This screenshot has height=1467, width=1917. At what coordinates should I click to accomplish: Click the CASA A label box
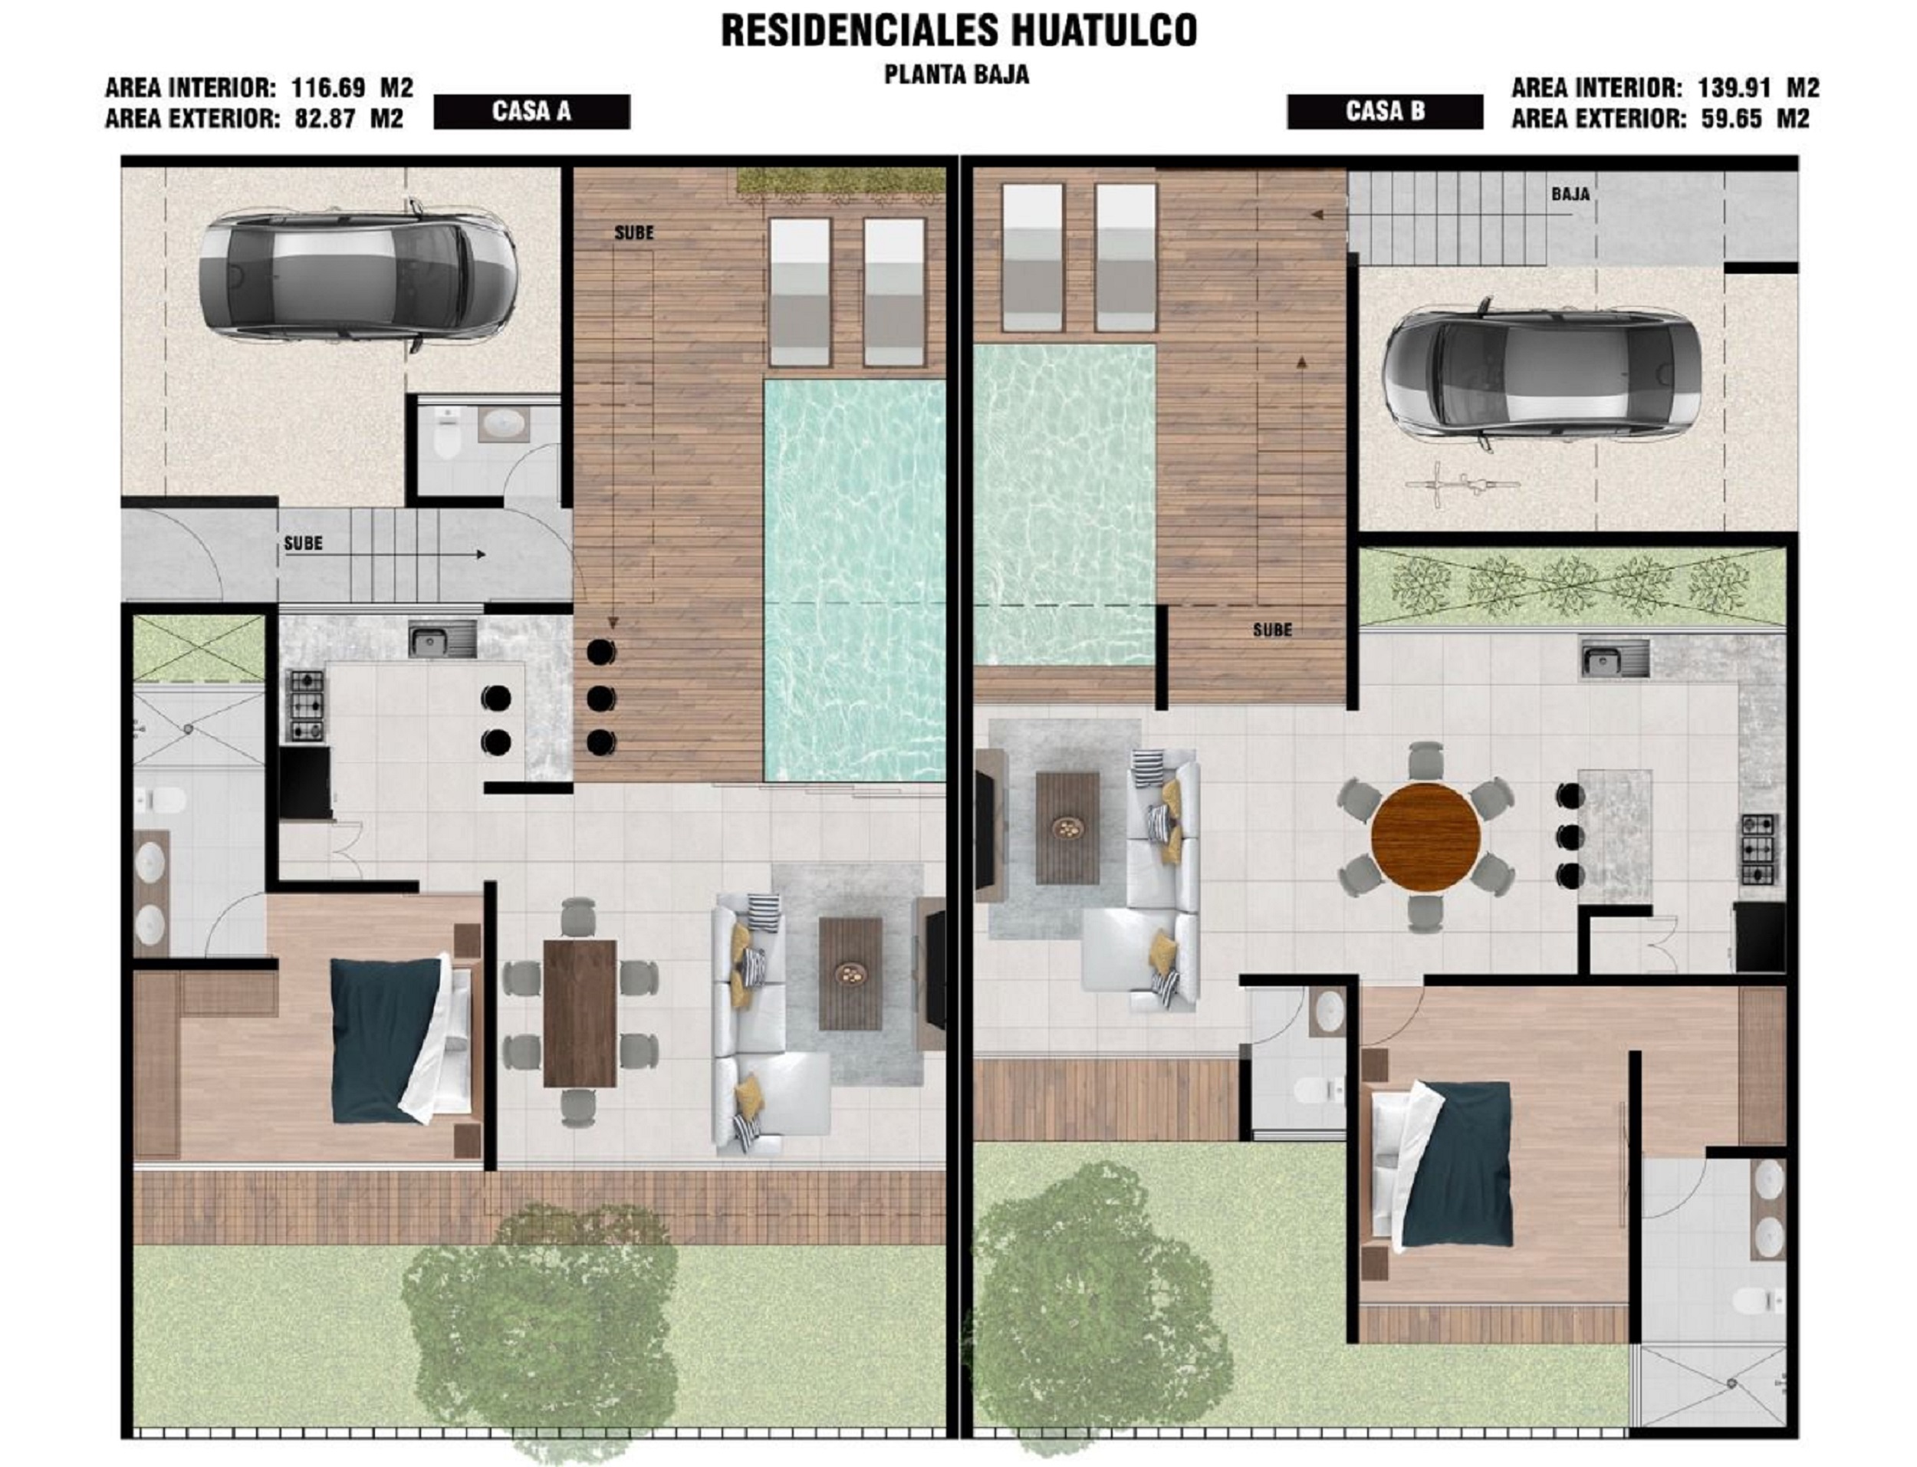click(531, 112)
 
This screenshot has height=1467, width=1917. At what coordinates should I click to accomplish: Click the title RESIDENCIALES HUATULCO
click(958, 31)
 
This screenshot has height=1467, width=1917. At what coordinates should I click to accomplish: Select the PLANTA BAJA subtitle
click(957, 75)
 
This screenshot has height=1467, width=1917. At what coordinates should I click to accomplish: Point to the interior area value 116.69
click(328, 88)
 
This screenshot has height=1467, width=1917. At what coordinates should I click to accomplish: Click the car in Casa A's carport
click(357, 276)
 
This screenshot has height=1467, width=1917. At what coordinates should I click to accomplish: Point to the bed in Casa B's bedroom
click(1440, 1166)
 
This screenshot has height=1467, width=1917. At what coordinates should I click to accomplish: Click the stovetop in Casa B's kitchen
click(1760, 849)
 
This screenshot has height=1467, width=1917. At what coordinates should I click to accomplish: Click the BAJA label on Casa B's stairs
click(1570, 194)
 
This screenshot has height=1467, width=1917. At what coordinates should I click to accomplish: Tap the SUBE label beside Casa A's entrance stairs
click(303, 543)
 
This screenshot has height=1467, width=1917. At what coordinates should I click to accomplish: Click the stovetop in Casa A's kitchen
click(305, 705)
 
